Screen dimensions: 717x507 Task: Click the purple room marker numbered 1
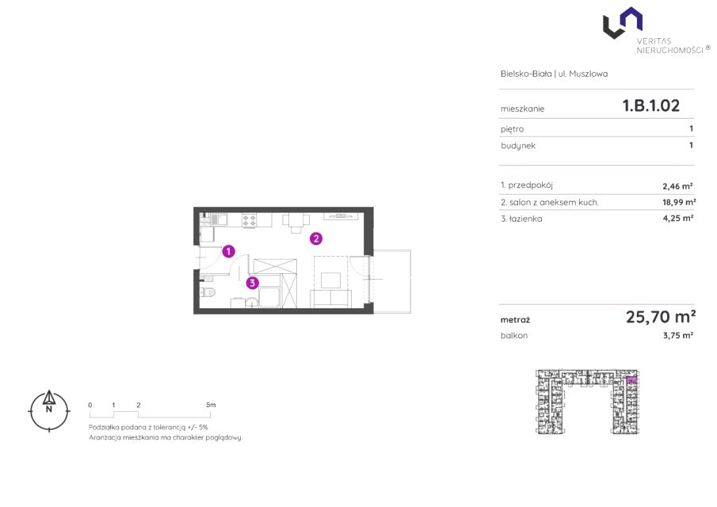click(x=229, y=251)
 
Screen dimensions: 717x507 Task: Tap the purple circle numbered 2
click(x=315, y=238)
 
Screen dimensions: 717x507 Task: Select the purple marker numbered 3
click(x=253, y=283)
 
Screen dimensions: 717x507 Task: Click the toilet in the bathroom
click(x=208, y=292)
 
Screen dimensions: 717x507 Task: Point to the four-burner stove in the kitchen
click(x=250, y=220)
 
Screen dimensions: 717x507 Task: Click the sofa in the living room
click(x=330, y=298)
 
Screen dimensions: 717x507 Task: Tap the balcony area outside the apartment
click(x=392, y=281)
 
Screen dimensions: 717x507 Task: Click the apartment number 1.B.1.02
click(x=650, y=105)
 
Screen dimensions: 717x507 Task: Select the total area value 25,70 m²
click(x=661, y=316)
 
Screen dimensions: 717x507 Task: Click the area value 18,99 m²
click(x=679, y=202)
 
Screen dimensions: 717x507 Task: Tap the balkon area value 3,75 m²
click(x=678, y=335)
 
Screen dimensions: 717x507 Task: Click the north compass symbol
click(x=49, y=410)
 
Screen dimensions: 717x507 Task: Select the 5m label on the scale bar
click(x=211, y=405)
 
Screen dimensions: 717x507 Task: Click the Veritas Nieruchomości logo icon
click(x=623, y=23)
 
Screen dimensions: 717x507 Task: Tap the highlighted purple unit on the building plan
click(x=631, y=379)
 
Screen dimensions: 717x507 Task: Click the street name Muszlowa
click(x=588, y=74)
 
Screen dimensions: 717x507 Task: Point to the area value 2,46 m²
click(x=677, y=186)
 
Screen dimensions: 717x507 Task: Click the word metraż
click(x=515, y=320)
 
